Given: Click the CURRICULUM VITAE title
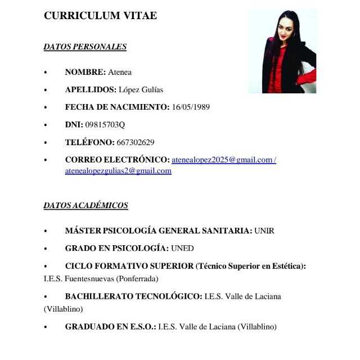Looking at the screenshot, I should [100, 16].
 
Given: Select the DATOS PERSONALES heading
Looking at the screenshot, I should [85, 47].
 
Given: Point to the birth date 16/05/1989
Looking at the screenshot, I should [191, 107].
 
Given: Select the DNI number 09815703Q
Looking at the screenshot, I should [105, 124].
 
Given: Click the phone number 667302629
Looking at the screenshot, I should [136, 142].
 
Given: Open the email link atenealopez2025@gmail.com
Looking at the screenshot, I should [222, 160].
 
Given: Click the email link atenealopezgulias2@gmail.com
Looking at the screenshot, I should [118, 171].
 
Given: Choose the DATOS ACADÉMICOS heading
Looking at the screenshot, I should [86, 205].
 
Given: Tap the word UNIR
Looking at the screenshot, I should [264, 231].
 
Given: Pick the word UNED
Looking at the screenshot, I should [182, 248].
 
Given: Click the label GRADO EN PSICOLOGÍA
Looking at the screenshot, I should [116, 248].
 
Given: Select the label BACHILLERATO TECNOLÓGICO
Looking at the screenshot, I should [133, 296].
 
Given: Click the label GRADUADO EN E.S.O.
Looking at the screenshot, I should [110, 326].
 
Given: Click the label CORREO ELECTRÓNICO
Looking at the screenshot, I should [117, 160].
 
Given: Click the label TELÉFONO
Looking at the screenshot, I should [89, 142].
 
